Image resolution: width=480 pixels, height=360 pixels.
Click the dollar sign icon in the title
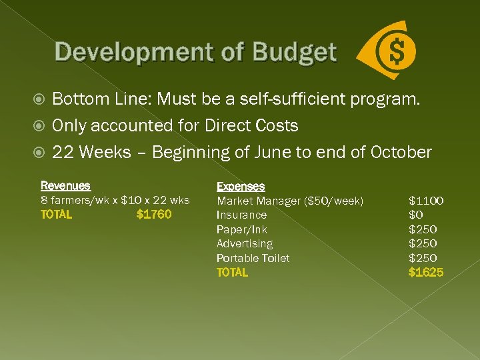tap(397, 51)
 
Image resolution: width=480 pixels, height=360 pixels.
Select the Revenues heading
tap(65, 186)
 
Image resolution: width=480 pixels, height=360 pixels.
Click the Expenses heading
tap(241, 187)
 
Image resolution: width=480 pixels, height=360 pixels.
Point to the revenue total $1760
tap(153, 215)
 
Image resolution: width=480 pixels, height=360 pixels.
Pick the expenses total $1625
tap(426, 272)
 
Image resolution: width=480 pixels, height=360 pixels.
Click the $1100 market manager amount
tap(426, 201)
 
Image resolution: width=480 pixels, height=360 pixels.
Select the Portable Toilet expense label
tap(253, 258)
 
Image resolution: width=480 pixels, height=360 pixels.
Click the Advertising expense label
tap(244, 243)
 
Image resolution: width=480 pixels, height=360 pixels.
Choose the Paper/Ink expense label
tap(241, 229)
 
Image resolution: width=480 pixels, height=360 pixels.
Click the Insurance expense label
tap(241, 215)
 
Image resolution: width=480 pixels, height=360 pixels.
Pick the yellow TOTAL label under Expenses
tap(232, 272)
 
